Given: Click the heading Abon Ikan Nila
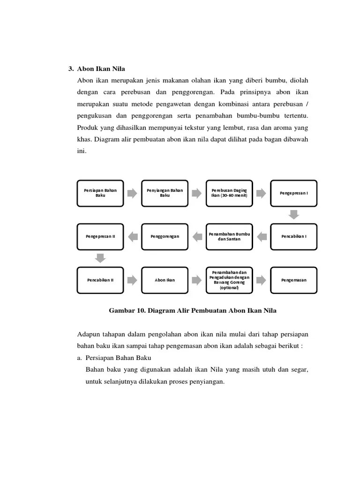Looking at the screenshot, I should tap(102, 69).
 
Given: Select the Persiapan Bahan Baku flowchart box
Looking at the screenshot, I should tap(100, 193).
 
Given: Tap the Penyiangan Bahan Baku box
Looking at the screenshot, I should tap(165, 193).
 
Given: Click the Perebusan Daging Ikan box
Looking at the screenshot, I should tap(229, 193).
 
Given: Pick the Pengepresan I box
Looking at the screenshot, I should tap(294, 193).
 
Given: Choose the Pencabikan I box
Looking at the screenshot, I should tap(294, 236).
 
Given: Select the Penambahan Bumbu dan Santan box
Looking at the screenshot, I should tap(229, 236).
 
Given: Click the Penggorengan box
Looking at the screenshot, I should tap(165, 236).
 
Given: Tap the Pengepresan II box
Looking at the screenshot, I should tap(100, 236).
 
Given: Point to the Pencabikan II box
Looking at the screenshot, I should tap(100, 280).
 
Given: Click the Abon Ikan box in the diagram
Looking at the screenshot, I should tap(165, 280).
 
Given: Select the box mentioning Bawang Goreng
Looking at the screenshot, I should tap(229, 280).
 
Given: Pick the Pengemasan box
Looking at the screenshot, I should tap(294, 280).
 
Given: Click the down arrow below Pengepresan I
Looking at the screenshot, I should tap(294, 215).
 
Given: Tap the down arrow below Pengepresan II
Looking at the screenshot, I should tap(100, 258).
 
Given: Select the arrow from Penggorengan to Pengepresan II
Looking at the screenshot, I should tap(133, 236).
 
